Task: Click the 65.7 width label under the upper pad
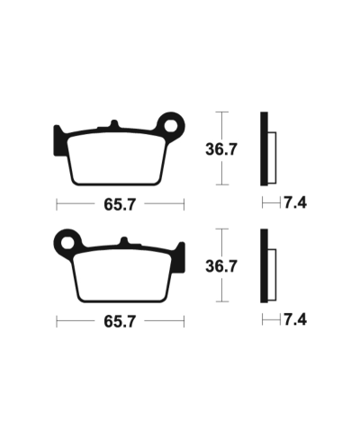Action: tap(119, 204)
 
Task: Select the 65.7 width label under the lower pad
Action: tap(119, 320)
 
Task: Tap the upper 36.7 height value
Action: tap(220, 150)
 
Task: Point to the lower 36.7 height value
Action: tap(220, 266)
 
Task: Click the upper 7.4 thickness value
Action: tap(294, 203)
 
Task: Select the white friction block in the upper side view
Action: tap(273, 152)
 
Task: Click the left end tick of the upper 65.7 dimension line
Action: tap(56, 204)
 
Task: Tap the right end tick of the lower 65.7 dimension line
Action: tap(183, 320)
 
